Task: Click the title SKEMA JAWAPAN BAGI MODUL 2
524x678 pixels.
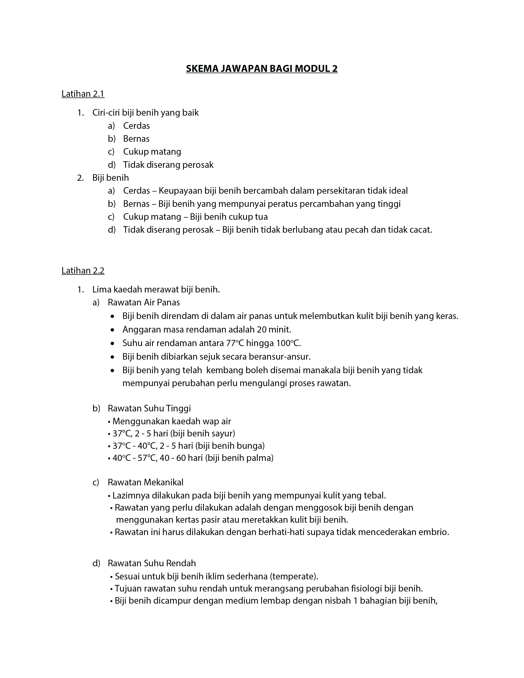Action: pos(262,68)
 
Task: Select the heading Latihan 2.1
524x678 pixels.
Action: pos(83,94)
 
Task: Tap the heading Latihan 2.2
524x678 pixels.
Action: pos(83,271)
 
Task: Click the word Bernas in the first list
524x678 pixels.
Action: pos(136,139)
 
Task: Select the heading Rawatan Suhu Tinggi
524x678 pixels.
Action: pos(149,408)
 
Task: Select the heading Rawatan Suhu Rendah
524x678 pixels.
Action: pos(152,563)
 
